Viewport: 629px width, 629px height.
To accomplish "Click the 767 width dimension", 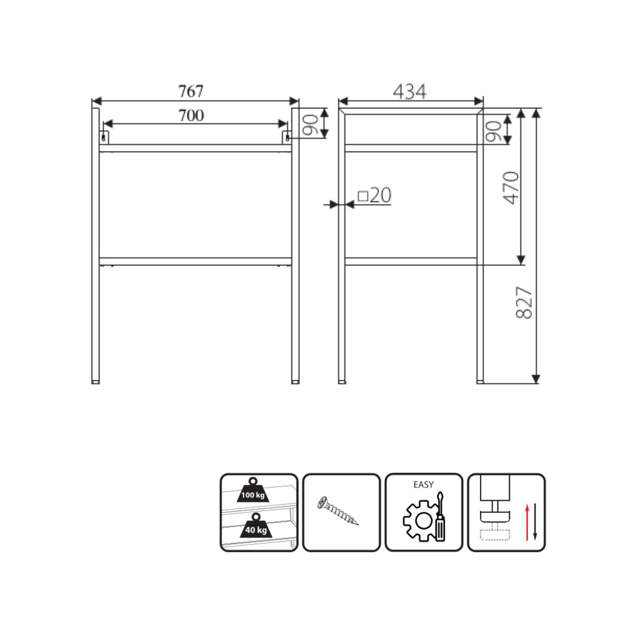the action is [191, 91].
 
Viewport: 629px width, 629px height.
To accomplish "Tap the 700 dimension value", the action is [191, 116].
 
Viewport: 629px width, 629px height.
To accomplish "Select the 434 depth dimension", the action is [409, 92].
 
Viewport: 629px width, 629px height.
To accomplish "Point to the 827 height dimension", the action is [524, 303].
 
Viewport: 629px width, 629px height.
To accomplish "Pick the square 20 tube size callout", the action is [374, 195].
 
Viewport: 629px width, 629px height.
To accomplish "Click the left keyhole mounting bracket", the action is [104, 137].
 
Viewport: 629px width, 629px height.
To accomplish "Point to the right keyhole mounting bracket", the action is [287, 137].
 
